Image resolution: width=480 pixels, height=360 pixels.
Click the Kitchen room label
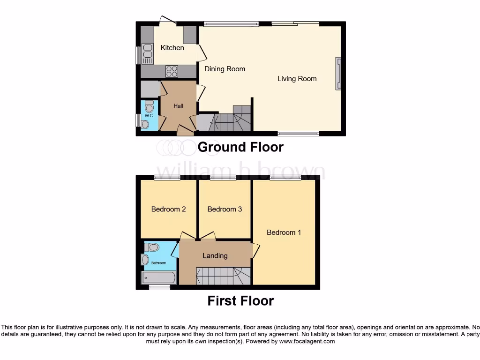pos(172,48)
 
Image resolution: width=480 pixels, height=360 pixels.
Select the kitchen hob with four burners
pos(172,71)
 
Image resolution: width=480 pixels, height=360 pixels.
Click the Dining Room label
pos(225,69)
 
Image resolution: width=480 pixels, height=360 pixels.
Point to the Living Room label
pos(297,79)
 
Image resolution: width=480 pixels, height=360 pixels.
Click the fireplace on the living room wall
pos(337,74)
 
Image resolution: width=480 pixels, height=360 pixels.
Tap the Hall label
pos(178,106)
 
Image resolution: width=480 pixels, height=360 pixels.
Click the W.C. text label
pos(149,115)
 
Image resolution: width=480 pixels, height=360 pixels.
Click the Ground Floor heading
pos(240,147)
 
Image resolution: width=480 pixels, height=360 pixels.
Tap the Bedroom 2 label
pos(168,209)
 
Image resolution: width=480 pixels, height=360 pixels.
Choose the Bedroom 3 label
pos(225,209)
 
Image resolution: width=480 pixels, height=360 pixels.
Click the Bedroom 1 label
pos(284,232)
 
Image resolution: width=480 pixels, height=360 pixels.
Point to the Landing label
pos(215,255)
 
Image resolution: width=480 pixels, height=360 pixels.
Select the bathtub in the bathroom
pos(159,277)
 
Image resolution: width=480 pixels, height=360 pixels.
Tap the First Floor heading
pos(240,301)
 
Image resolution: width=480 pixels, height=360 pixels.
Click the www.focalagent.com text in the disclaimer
pos(307,342)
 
